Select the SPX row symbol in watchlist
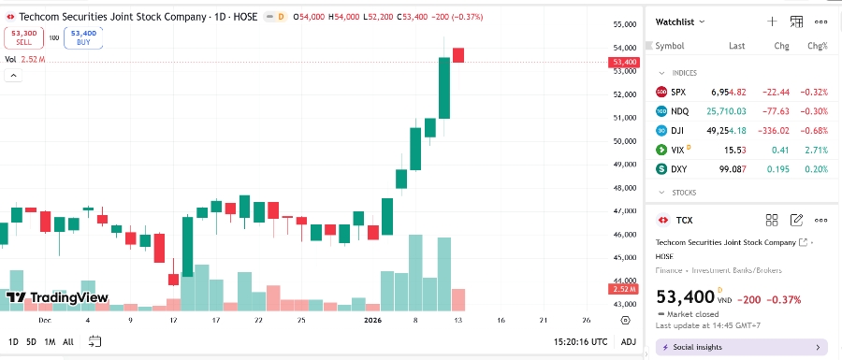678,92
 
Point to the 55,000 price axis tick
624,24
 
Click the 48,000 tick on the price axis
624,188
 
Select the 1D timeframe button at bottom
13,342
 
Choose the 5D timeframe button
31,342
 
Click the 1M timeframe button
50,342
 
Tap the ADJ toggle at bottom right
629,342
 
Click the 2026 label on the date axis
373,320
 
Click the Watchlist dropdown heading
680,21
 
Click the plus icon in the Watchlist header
772,21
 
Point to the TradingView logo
57,298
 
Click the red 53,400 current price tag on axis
624,63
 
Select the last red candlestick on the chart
458,55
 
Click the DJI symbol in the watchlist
678,130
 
